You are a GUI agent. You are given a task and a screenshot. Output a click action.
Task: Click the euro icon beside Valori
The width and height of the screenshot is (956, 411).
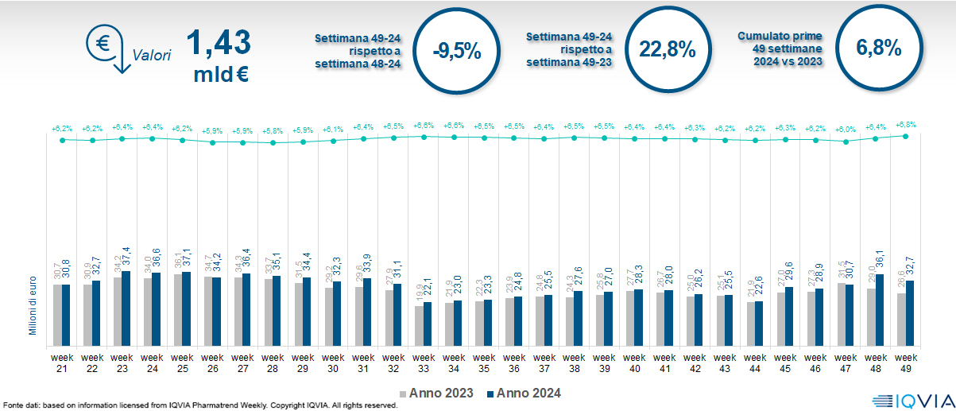tap(104, 45)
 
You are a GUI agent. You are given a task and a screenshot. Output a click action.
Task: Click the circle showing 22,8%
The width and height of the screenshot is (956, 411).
tap(668, 49)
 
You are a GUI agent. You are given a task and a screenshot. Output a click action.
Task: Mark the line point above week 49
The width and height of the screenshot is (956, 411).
tap(906, 136)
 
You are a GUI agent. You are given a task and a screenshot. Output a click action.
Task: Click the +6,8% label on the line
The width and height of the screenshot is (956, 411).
tap(906, 125)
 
